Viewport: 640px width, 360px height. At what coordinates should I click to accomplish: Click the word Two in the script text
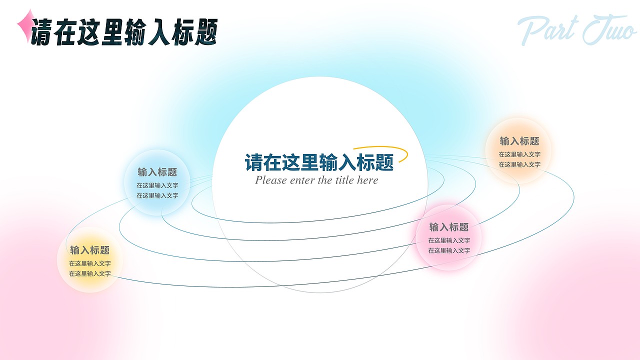coord(608,31)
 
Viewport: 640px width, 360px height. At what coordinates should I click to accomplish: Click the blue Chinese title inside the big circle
coord(319,162)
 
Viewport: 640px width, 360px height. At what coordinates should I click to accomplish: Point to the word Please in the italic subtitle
coord(271,180)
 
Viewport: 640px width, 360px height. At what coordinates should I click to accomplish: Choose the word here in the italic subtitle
coord(367,180)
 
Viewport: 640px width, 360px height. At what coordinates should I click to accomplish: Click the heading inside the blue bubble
coord(157,172)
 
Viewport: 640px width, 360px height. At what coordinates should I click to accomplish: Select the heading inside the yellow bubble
coord(90,250)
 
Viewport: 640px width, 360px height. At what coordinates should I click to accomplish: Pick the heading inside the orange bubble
coord(519,141)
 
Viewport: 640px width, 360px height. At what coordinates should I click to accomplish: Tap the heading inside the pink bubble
coord(449,227)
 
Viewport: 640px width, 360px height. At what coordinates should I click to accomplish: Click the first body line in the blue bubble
coord(157,185)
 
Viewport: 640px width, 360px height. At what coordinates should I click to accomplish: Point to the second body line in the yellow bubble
coord(90,274)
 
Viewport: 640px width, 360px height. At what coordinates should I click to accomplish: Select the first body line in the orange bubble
coord(519,154)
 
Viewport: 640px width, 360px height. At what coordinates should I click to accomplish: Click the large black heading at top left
coord(124,33)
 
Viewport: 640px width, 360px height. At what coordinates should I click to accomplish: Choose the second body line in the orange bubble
coord(519,164)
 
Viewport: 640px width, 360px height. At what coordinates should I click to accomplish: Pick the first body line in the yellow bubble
coord(90,263)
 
